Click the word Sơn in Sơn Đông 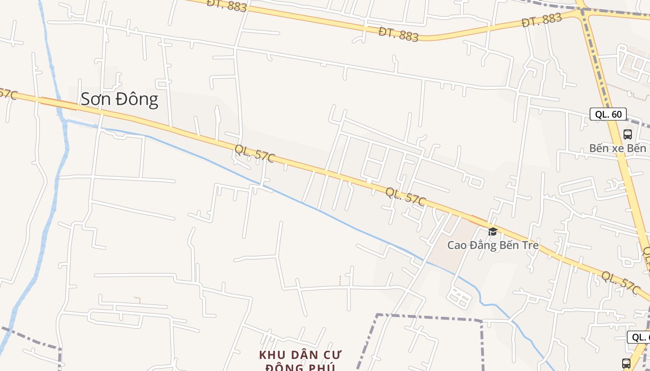click(96, 99)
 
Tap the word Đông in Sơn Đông click(137, 99)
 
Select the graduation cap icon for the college click(493, 231)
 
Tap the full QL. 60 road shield click(608, 114)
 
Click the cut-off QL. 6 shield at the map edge click(639, 337)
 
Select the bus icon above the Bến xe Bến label click(628, 134)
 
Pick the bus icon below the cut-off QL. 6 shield click(626, 363)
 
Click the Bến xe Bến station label click(617, 148)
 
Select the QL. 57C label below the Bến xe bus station click(621, 282)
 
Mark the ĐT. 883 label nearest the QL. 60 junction click(542, 20)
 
